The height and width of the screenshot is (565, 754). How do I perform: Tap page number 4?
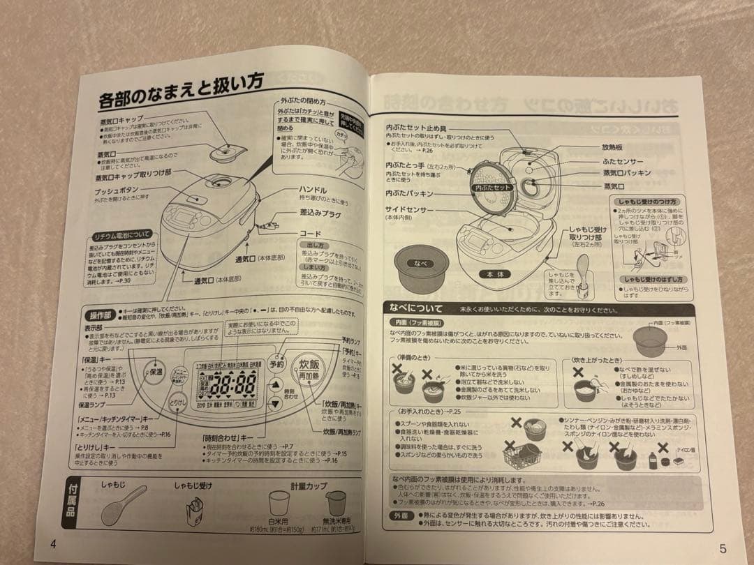[x=53, y=544]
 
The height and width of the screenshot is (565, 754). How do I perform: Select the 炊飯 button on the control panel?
[x=309, y=365]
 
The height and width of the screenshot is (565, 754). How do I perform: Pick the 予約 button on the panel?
[x=276, y=364]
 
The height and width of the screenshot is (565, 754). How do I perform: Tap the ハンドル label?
[x=313, y=190]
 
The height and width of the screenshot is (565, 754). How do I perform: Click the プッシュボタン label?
[x=118, y=191]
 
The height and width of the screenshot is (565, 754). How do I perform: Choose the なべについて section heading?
[x=417, y=308]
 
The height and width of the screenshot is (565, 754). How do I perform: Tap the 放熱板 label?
[x=613, y=148]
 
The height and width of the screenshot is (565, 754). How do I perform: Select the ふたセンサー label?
[x=623, y=161]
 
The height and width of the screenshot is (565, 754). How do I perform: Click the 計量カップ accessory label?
[x=309, y=486]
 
